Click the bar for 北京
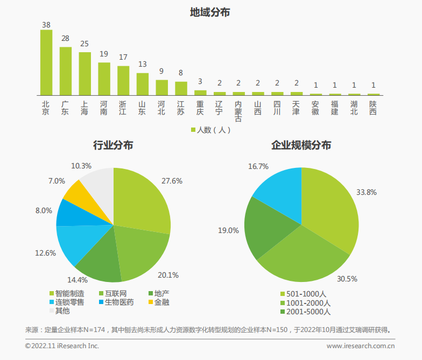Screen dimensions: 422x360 coord(46,62)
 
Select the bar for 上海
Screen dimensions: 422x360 coord(85,74)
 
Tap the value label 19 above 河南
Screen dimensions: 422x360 coord(104,54)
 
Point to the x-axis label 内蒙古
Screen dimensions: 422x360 coord(238,111)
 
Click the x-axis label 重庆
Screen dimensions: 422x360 coord(200,108)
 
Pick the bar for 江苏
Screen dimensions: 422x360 coord(181,88)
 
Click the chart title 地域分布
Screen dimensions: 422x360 coord(210,12)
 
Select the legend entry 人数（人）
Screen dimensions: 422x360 coord(211,130)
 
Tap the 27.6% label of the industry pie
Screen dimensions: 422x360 coord(172,181)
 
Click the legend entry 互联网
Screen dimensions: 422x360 coord(113,294)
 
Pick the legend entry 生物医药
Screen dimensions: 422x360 coord(116,302)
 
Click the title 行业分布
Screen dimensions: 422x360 coord(113,145)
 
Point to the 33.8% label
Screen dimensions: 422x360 coord(367,193)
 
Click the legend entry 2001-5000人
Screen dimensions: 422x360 coord(306,312)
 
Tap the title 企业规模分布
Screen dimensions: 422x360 coord(301,145)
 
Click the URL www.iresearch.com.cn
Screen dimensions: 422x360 coord(361,346)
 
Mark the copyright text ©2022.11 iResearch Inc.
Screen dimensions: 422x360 coord(62,346)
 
